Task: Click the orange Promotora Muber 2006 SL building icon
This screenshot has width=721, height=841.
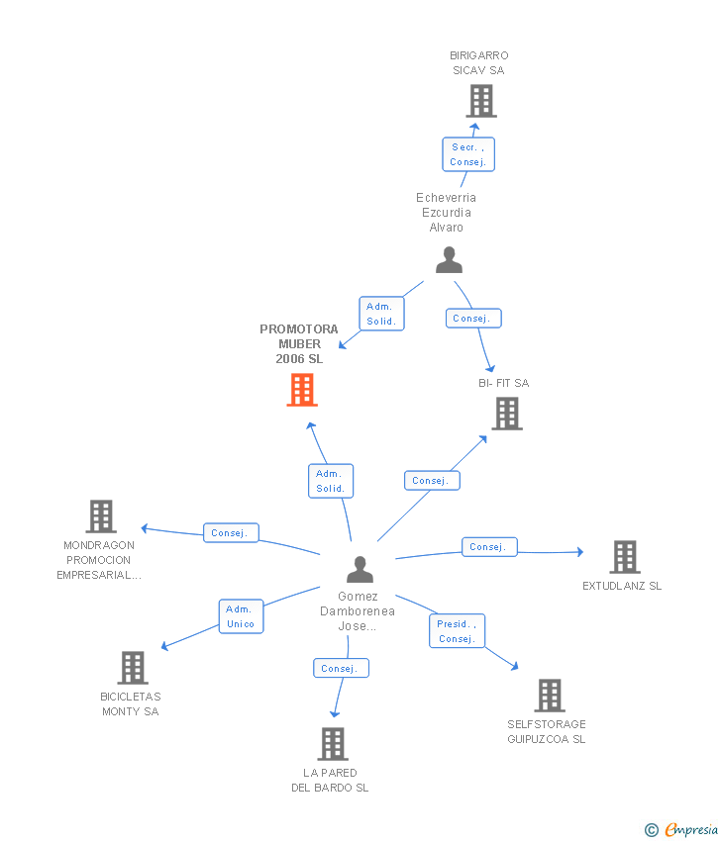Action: (302, 390)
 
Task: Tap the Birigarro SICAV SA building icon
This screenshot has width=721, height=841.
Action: (481, 101)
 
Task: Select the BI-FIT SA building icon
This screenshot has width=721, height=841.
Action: (507, 414)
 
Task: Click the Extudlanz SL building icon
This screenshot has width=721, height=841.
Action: (625, 557)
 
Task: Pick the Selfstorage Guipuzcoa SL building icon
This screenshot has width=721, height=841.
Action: (550, 696)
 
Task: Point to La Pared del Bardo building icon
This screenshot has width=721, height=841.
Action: (333, 744)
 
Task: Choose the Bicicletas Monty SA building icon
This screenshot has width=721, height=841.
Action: (133, 668)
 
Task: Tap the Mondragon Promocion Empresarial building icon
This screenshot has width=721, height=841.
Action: (101, 516)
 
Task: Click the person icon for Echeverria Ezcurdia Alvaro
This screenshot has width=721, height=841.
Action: (449, 260)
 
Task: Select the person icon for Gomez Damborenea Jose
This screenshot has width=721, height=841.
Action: (360, 570)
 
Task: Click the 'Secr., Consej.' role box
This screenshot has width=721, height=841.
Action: (468, 154)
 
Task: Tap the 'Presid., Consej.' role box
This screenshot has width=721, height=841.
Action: (457, 631)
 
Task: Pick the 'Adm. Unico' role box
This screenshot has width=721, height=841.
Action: (241, 616)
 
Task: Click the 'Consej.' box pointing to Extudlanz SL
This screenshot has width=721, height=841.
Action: (489, 547)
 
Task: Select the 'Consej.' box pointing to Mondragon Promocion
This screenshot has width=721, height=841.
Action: (231, 532)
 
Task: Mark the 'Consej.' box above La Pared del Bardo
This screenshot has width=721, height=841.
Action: (341, 668)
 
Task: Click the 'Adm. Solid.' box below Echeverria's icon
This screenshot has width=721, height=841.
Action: (381, 314)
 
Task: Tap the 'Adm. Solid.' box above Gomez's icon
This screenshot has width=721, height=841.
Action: (331, 481)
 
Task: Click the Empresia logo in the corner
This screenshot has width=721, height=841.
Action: (681, 830)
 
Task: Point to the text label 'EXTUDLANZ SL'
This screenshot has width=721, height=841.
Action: (622, 586)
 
